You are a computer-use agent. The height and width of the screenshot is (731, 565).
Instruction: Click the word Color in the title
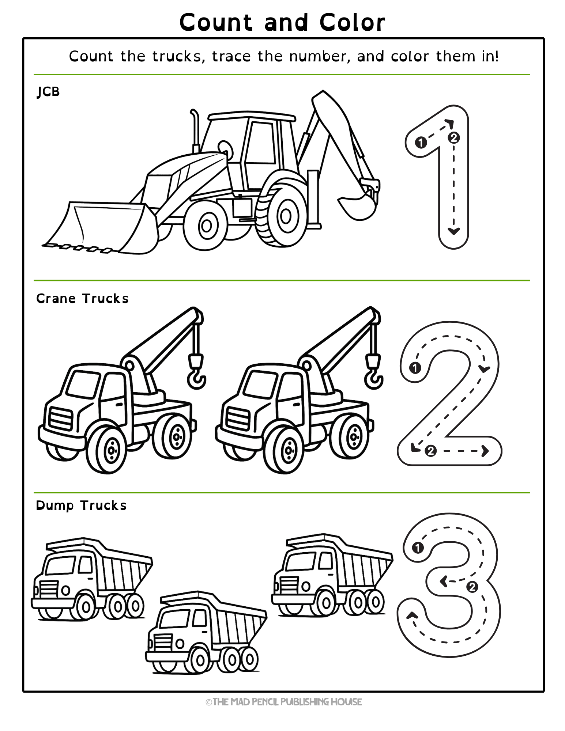pos(352,23)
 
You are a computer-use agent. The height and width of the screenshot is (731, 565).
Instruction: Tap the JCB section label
pos(48,92)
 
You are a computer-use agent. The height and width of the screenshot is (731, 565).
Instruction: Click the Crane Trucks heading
pos(82,299)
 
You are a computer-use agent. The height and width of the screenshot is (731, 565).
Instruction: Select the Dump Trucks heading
pos(81,505)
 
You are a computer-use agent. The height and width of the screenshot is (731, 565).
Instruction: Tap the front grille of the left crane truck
pos(60,418)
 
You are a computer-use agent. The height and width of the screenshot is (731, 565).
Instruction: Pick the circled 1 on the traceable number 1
pos(421,142)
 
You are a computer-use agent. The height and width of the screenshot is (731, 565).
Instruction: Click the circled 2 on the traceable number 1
pos(453,138)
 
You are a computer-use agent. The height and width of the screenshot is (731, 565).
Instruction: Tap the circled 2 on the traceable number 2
pos(430,451)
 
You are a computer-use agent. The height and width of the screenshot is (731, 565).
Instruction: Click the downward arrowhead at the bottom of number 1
pos(453,231)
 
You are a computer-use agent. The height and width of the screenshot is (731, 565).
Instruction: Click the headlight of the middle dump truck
pos(180,644)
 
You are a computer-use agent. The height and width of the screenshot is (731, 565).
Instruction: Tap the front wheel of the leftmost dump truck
pos(85,607)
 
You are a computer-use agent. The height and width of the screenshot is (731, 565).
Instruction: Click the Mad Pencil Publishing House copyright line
pos(284,702)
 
